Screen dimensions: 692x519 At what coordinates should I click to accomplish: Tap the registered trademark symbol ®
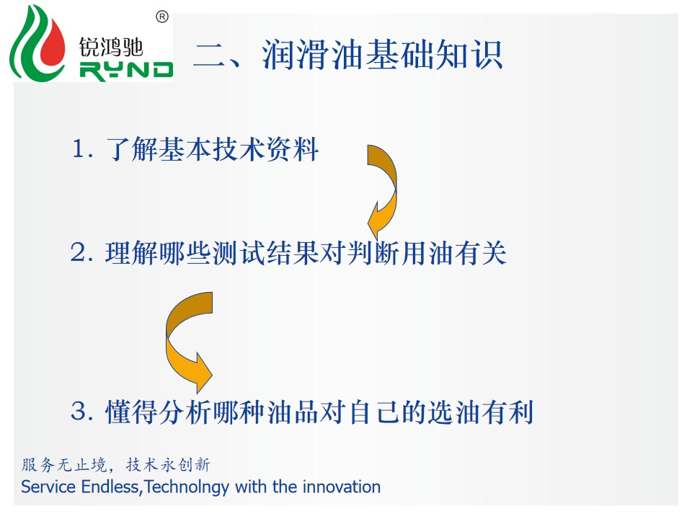pyautogui.click(x=162, y=17)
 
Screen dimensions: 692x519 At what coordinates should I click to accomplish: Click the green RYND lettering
pyautogui.click(x=126, y=71)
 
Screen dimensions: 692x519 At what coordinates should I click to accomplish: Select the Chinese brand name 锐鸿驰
pyautogui.click(x=111, y=47)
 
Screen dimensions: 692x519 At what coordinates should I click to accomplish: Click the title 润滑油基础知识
pyautogui.click(x=382, y=55)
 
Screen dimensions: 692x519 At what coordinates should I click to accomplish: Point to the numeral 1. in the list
pyautogui.click(x=82, y=148)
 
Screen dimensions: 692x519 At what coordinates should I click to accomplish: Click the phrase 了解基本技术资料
pyautogui.click(x=212, y=149)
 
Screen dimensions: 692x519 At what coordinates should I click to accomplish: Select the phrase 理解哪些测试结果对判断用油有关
pyautogui.click(x=306, y=253)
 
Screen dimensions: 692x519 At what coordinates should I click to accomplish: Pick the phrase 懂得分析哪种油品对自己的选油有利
pyautogui.click(x=319, y=412)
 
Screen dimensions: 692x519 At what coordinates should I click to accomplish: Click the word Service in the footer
pyautogui.click(x=48, y=487)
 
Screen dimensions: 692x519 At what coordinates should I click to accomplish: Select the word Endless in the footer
pyautogui.click(x=110, y=487)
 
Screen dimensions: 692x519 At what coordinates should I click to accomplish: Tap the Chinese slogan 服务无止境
pyautogui.click(x=64, y=465)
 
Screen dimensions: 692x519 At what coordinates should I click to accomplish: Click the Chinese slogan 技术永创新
pyautogui.click(x=168, y=465)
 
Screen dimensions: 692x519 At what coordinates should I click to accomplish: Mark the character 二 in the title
pyautogui.click(x=210, y=56)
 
